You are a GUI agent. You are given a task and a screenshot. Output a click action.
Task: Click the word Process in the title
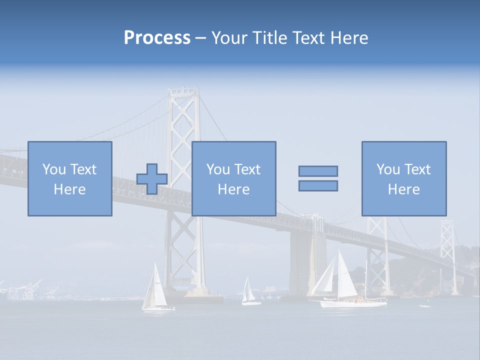[157, 38]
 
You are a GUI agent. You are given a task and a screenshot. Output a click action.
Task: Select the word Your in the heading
[230, 38]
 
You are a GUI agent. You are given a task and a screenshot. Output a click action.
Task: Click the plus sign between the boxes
[152, 179]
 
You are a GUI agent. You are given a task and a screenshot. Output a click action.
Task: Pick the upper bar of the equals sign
[318, 171]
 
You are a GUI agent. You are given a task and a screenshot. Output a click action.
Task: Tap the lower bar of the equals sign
[318, 186]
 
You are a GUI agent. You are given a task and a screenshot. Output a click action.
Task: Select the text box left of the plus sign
[70, 178]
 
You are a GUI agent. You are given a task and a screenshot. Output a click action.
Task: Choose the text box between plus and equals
[233, 178]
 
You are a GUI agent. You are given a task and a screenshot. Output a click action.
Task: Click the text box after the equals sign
[404, 178]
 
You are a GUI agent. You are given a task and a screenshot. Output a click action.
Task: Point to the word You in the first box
[54, 169]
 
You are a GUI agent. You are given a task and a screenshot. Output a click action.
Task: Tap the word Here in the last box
[404, 189]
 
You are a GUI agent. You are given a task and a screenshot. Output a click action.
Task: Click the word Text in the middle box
[247, 169]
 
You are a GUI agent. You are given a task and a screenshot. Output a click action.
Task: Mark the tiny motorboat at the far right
[425, 305]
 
